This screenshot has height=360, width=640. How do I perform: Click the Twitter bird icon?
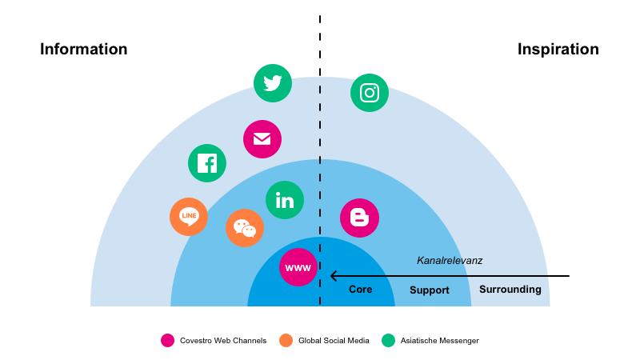click(273, 83)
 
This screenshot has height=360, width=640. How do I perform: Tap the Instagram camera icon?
click(370, 93)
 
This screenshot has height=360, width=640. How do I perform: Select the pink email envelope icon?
click(262, 139)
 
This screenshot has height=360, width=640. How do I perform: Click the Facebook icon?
click(207, 163)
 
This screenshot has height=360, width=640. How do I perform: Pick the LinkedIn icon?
click(285, 200)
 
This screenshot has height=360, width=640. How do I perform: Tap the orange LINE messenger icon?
click(189, 216)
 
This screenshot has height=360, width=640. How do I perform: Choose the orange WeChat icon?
click(245, 229)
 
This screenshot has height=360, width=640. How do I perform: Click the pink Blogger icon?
click(359, 218)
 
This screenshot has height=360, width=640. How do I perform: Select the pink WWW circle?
click(298, 267)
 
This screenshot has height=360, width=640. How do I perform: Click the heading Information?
click(83, 50)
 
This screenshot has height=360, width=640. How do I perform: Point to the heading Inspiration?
click(558, 50)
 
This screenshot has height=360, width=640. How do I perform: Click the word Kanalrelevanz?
click(450, 261)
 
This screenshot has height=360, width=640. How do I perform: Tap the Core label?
click(361, 290)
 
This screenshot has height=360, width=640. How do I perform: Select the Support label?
click(430, 290)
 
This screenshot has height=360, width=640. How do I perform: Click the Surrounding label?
click(510, 290)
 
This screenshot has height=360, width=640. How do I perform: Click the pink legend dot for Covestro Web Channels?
click(167, 341)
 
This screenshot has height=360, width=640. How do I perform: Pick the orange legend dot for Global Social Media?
click(286, 341)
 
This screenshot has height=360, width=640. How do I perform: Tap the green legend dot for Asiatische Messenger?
click(390, 341)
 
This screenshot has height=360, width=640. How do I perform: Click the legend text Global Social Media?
click(334, 341)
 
